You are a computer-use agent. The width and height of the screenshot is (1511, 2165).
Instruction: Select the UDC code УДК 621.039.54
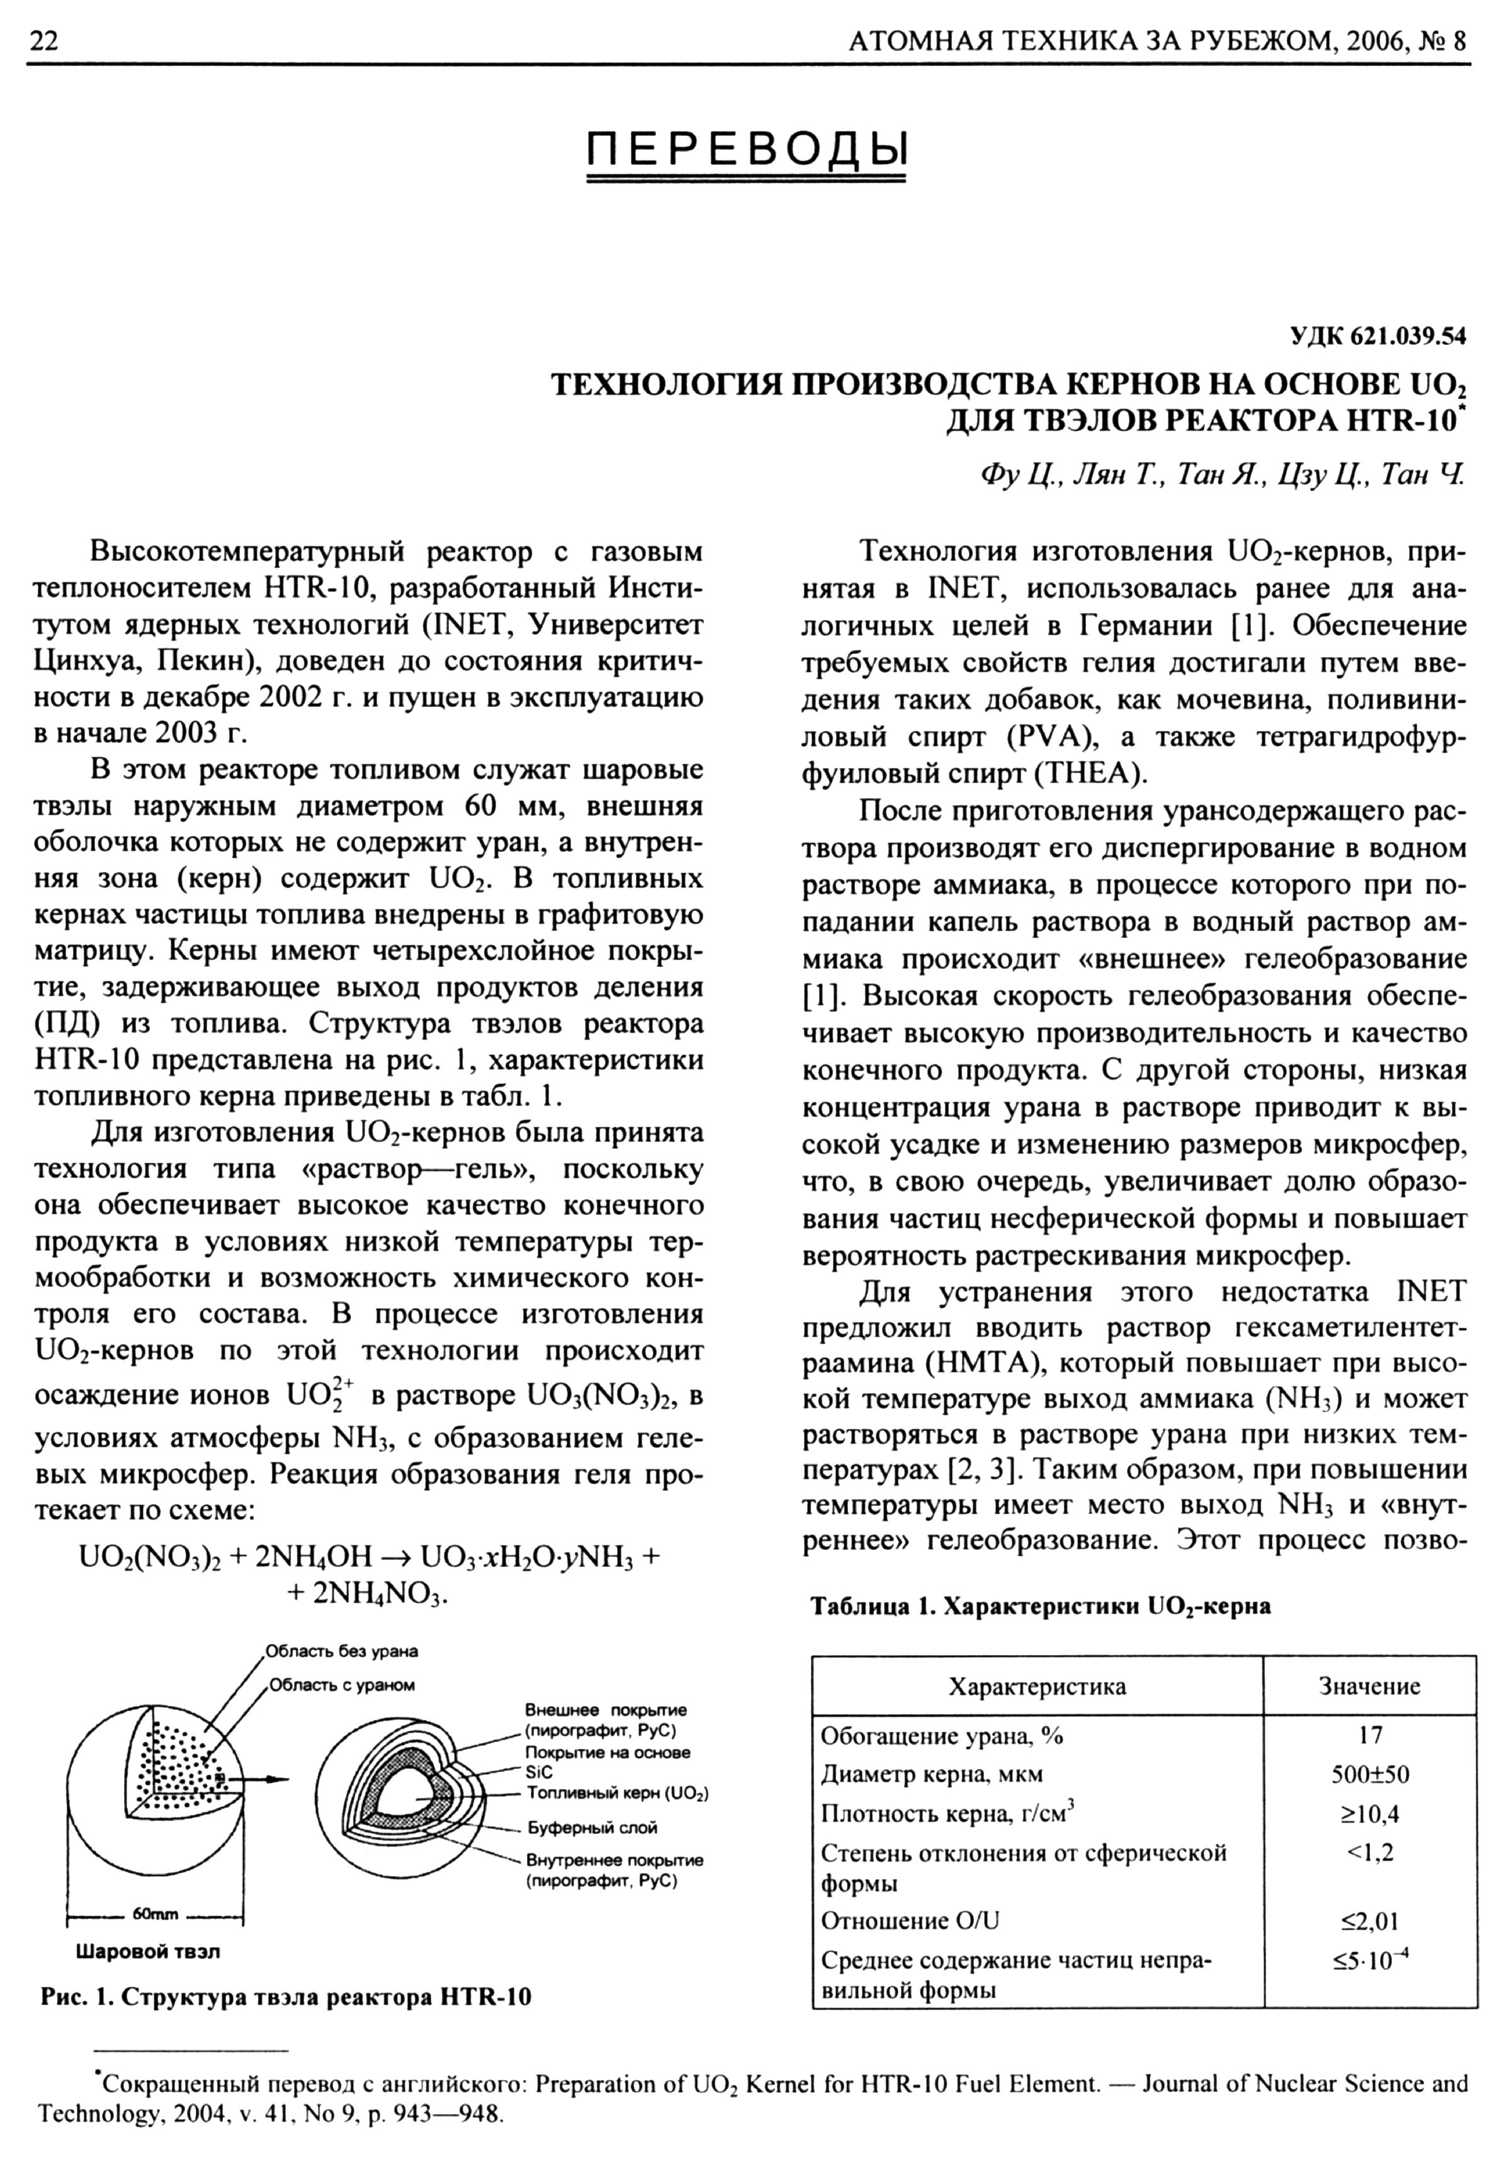pos(1377,335)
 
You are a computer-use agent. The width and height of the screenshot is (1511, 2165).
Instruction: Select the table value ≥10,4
pos(1369,1813)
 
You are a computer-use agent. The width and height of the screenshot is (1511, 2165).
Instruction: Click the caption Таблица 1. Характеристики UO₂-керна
pos(1040,1606)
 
